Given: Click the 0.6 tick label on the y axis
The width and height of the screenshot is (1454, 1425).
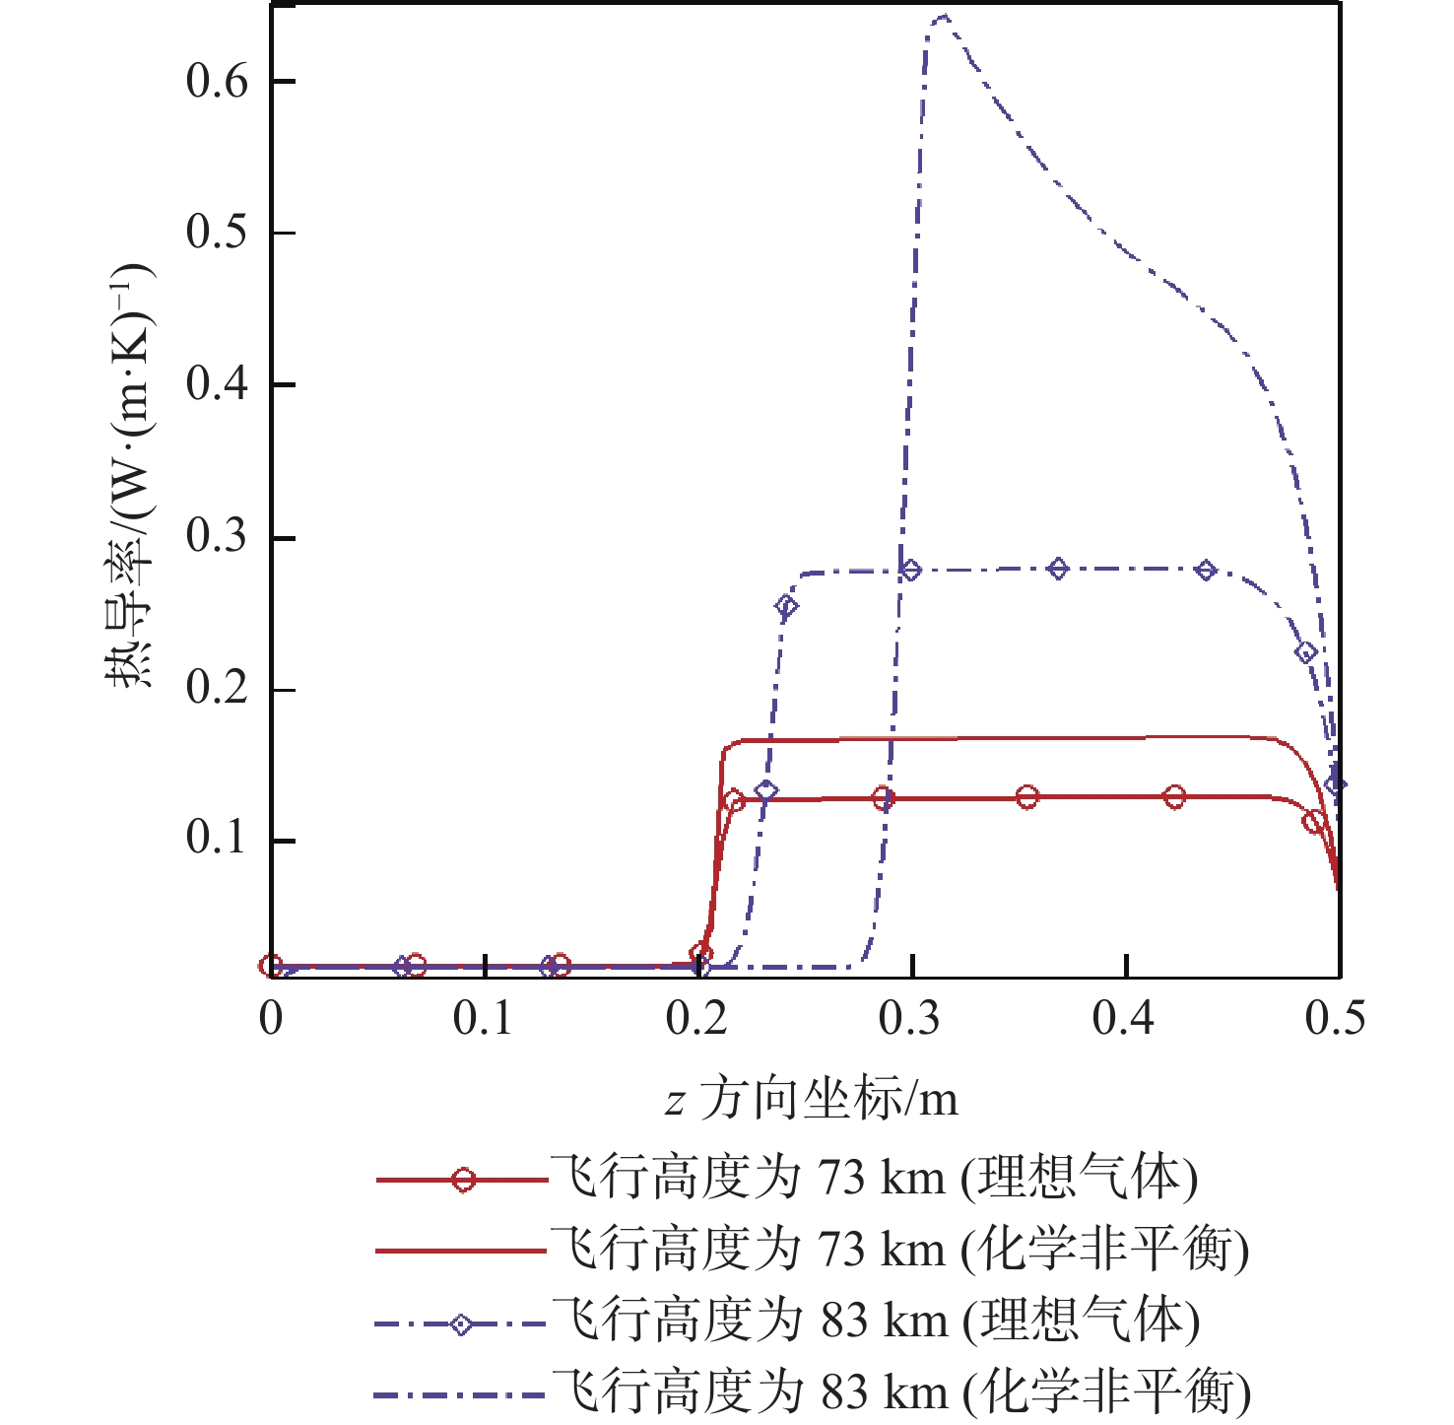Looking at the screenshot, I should click(217, 81).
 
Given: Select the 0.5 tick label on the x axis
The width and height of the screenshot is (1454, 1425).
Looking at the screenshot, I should click(1336, 1018).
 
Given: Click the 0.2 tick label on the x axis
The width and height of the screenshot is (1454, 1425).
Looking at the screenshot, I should click(696, 1018).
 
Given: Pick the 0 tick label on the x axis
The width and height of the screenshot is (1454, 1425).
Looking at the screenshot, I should click(271, 1018).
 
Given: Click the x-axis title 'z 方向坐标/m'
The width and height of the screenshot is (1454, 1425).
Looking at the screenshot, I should click(811, 1099).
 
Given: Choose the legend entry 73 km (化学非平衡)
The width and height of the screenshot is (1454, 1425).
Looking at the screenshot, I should click(898, 1250).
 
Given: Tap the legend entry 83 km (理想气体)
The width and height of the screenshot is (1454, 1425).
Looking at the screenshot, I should click(875, 1321).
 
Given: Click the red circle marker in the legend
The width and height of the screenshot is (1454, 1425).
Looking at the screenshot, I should click(463, 1179).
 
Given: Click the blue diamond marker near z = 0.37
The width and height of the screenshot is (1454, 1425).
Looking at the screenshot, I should click(1058, 569).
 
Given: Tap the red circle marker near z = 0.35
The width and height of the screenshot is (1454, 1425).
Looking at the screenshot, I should click(1027, 796).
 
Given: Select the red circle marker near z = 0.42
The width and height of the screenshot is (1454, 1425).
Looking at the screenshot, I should click(1174, 796).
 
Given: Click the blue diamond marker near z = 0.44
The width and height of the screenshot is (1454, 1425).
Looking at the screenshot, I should click(1206, 570).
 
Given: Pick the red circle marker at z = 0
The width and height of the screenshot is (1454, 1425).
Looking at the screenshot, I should click(272, 966).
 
